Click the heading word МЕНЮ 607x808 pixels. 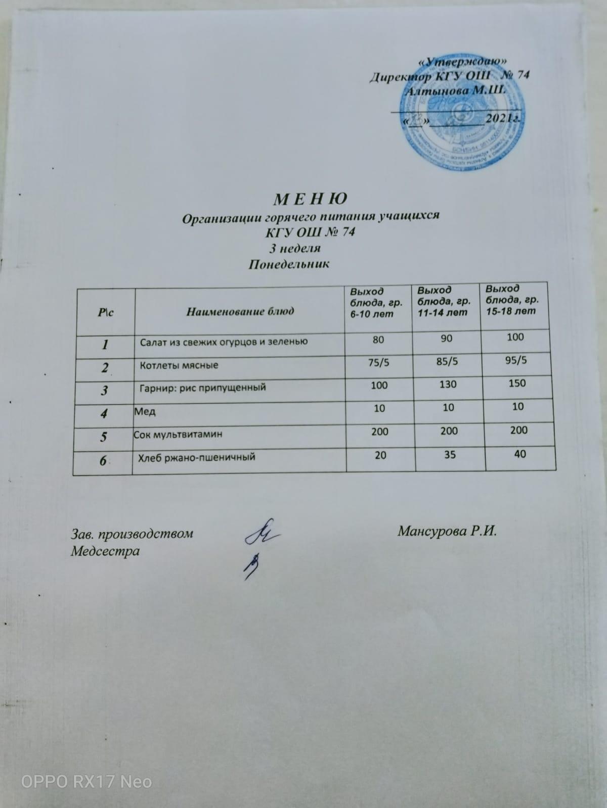310,199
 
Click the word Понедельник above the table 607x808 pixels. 289,264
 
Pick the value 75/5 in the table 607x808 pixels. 379,362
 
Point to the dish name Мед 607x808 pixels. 145,412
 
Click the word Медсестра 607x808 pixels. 105,550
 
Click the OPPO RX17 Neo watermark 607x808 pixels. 86,782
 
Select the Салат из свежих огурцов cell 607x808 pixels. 224,342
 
